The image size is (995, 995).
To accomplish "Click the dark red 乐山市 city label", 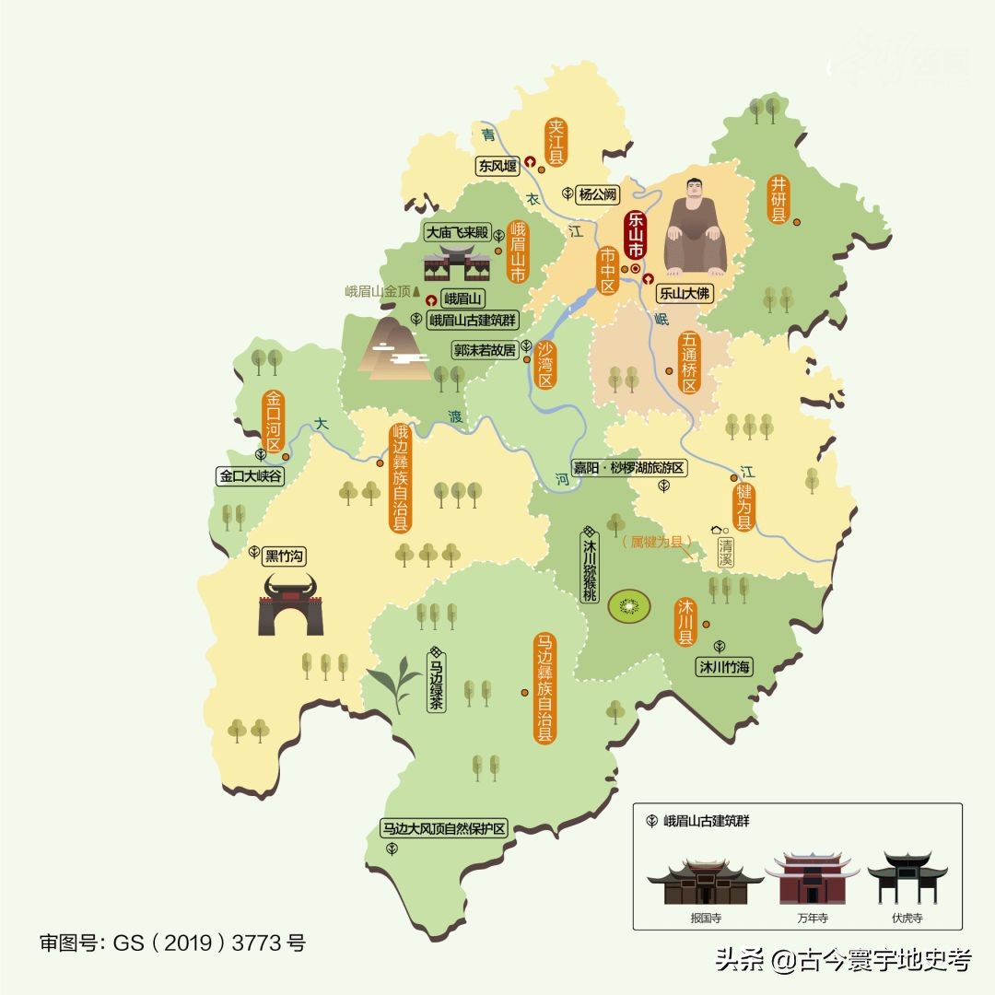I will (x=635, y=233).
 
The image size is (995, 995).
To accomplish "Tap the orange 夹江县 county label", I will (x=556, y=143).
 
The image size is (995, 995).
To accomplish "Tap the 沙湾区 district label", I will (x=545, y=363).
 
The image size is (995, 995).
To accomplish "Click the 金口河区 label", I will (x=274, y=423).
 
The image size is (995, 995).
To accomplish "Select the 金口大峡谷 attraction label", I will (x=251, y=476).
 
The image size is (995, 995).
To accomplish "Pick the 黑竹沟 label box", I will (x=284, y=556).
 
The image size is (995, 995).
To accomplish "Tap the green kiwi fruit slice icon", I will (x=629, y=606).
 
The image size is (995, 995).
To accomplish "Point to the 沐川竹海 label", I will (x=725, y=667).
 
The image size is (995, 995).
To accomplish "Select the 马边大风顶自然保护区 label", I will (x=446, y=828).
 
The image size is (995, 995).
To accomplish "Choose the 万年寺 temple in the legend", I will (x=812, y=880).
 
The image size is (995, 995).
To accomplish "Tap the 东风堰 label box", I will (x=497, y=166).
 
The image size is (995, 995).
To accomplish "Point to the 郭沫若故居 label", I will (x=484, y=350).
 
